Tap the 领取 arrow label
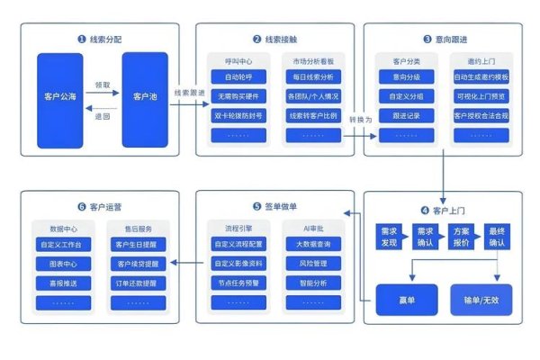(x=103, y=85)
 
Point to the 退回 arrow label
(x=103, y=116)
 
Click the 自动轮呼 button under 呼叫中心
(x=238, y=77)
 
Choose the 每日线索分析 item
(x=314, y=77)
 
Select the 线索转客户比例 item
(x=314, y=116)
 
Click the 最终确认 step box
(x=498, y=237)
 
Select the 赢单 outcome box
(x=406, y=299)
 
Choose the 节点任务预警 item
(x=238, y=283)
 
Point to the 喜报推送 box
(x=60, y=283)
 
